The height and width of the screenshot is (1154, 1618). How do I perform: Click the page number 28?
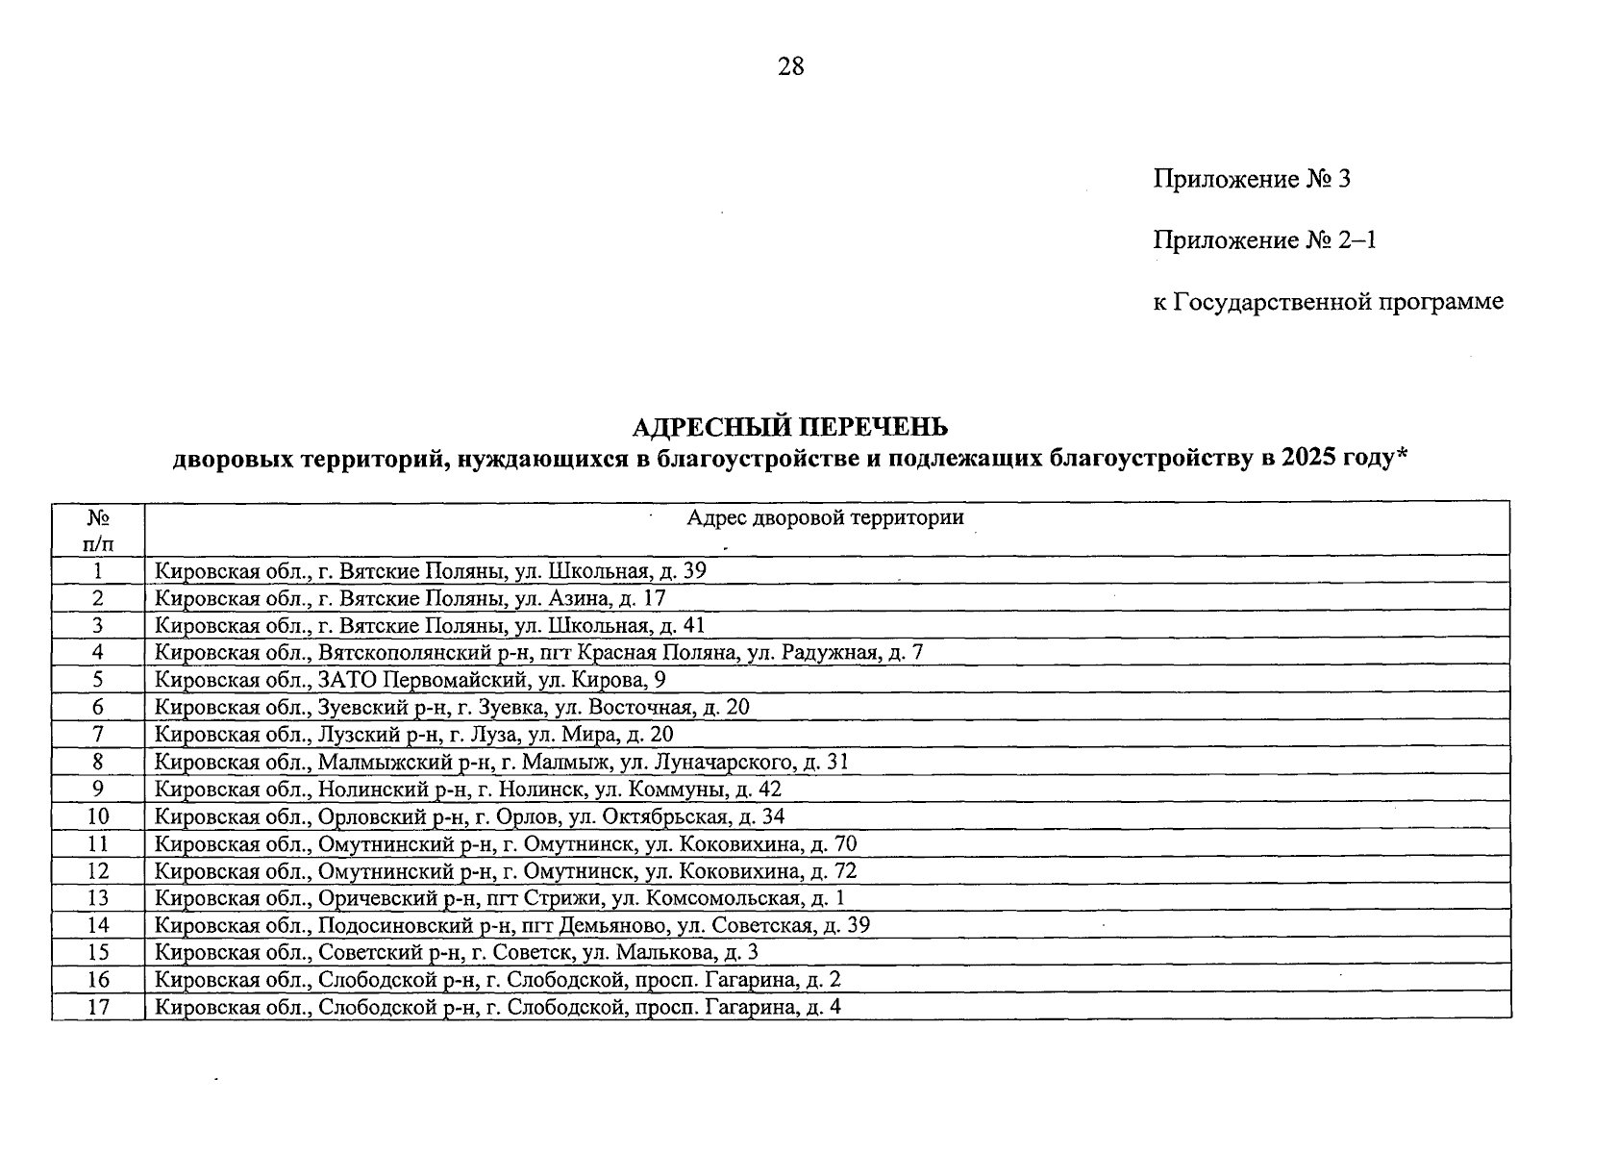click(x=790, y=66)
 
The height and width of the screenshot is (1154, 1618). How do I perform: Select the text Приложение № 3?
click(x=1252, y=179)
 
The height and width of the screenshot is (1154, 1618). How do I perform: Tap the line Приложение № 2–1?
click(x=1264, y=239)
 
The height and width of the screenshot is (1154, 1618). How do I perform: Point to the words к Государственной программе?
click(x=1328, y=302)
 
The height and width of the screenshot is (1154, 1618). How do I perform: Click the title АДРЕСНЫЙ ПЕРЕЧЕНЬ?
click(x=789, y=426)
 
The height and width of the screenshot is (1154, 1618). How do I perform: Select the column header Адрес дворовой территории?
click(x=824, y=518)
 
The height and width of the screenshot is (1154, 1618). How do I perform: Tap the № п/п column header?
click(x=98, y=530)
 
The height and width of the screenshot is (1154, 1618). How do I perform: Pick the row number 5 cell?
click(x=98, y=680)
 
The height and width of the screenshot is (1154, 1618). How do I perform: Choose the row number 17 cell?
click(x=98, y=1007)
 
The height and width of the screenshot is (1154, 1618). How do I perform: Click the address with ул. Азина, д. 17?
click(x=411, y=598)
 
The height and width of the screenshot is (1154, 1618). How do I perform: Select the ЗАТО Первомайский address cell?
click(x=411, y=680)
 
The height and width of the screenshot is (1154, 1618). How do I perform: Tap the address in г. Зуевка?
click(x=452, y=708)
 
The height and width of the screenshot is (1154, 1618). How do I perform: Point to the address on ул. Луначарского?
click(x=502, y=763)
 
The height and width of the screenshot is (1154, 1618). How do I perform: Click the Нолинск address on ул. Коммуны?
click(x=468, y=790)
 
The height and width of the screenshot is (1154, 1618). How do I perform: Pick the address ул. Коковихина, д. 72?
click(x=506, y=871)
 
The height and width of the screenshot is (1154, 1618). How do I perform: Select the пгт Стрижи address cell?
click(x=500, y=898)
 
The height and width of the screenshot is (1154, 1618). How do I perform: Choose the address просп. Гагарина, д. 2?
click(x=498, y=980)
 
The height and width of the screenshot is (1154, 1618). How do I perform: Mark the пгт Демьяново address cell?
click(x=512, y=925)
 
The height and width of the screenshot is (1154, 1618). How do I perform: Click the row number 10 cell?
click(x=98, y=816)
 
